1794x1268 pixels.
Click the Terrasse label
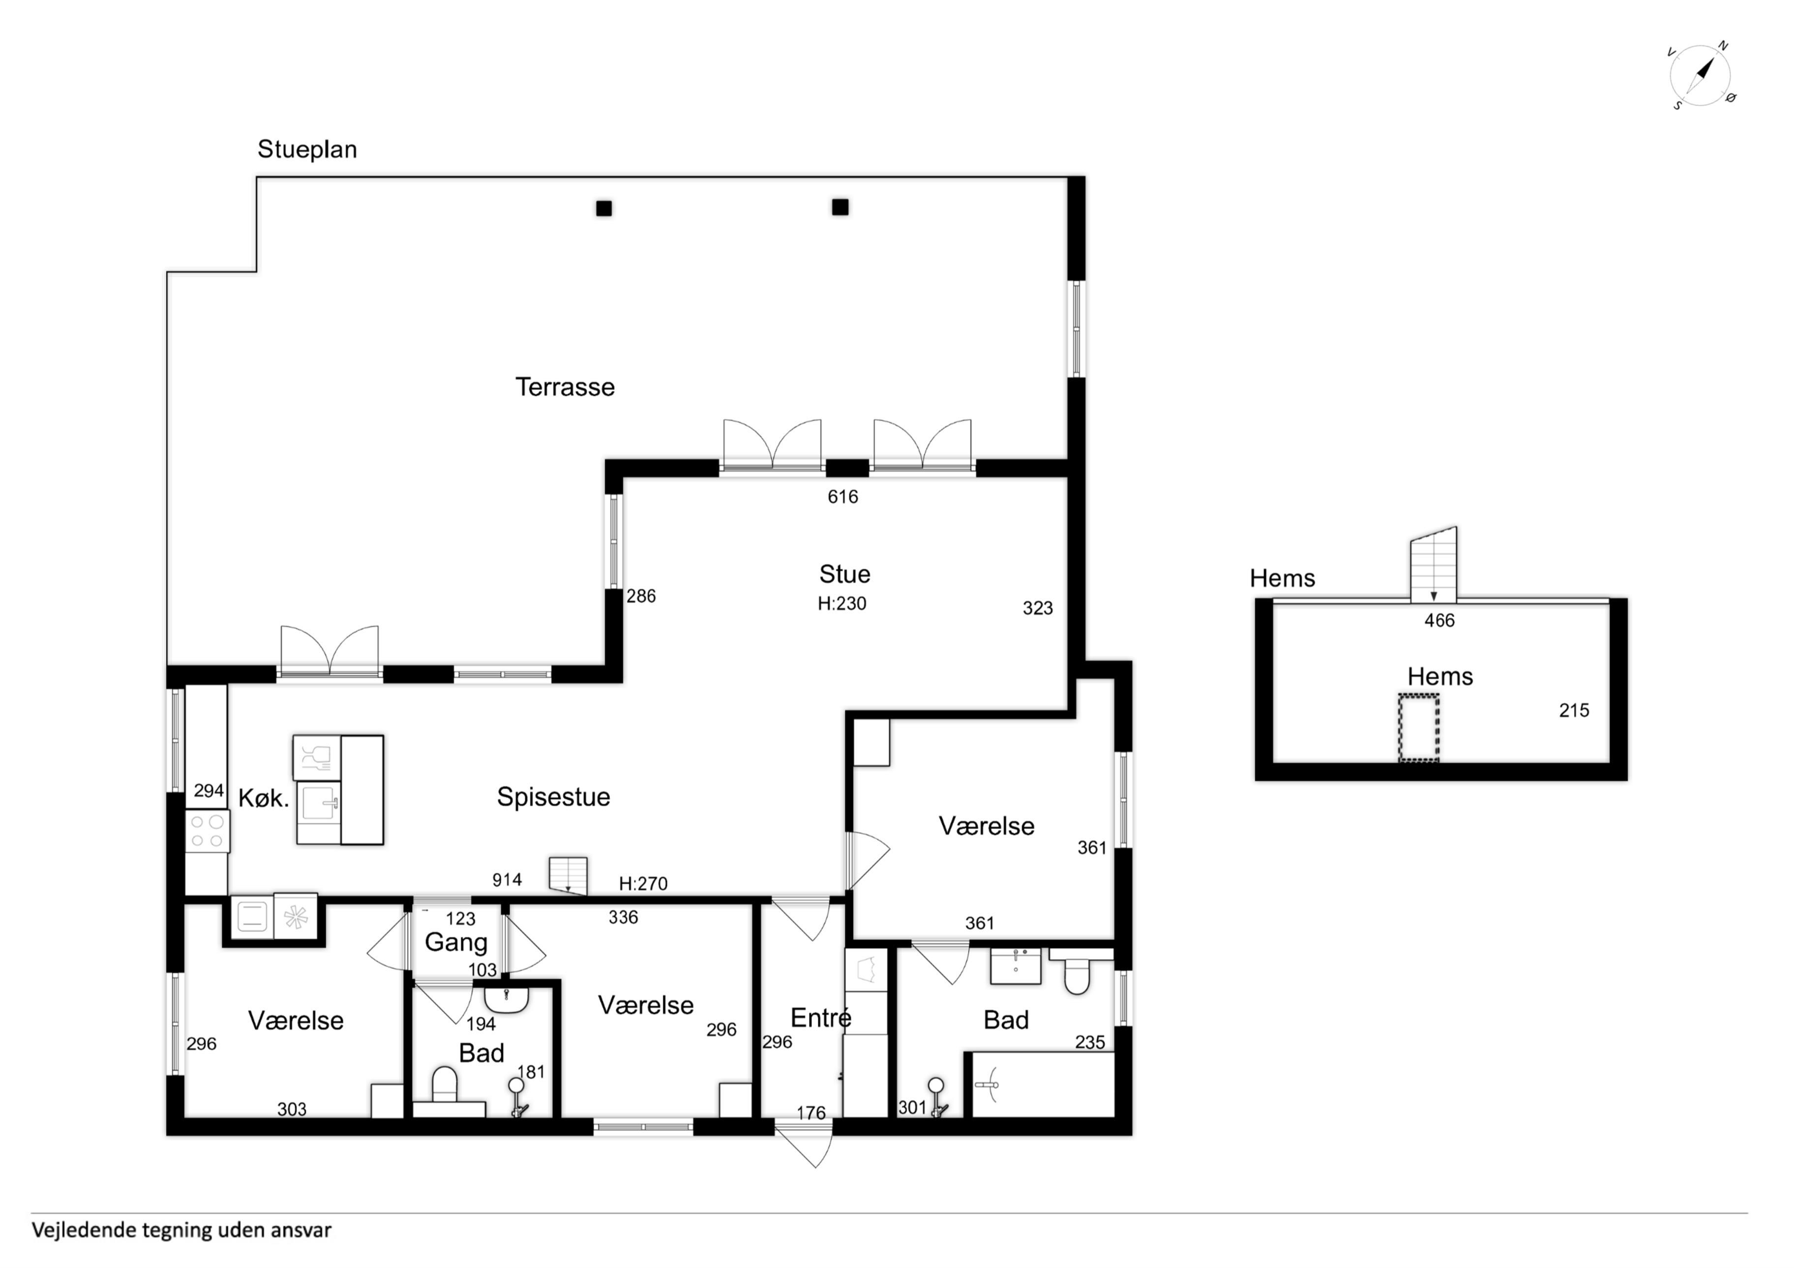[565, 387]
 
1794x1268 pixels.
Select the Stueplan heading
[307, 149]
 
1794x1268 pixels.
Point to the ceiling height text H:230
[841, 603]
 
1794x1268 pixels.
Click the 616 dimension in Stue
[843, 497]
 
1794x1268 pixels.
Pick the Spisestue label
[553, 797]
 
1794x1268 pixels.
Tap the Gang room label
[455, 942]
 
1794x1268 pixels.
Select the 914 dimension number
[507, 880]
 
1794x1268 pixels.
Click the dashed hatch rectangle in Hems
[1418, 727]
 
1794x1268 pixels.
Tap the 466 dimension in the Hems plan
[1439, 620]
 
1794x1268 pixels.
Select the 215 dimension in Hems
[1574, 710]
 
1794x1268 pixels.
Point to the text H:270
[643, 884]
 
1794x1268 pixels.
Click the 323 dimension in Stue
[1038, 608]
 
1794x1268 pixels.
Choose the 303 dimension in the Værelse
[292, 1109]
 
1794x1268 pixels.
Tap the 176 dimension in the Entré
[811, 1113]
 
